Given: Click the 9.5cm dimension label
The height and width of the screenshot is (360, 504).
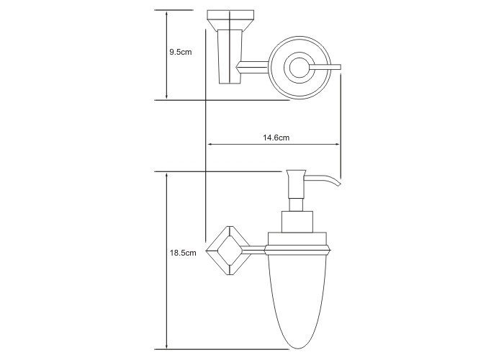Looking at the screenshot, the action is point(180,52).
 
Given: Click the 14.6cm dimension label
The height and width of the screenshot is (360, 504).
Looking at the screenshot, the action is point(276,138).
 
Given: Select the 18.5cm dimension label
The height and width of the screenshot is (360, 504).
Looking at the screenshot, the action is point(183,253).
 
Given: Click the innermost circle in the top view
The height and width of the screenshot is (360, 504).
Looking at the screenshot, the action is point(300,68).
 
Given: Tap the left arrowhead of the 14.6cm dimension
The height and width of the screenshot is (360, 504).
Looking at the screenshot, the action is point(210,144).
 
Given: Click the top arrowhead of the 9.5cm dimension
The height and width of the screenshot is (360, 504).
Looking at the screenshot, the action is point(166,14).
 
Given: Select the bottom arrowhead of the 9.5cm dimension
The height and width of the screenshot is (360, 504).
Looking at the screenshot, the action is point(166,96).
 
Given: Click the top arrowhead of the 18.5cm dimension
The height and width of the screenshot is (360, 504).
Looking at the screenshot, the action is point(166,176).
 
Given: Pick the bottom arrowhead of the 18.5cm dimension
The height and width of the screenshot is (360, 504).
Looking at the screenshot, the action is point(166,345).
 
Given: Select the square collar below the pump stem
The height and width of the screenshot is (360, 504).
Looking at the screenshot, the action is point(297,222).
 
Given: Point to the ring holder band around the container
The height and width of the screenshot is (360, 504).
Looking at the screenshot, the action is point(297,250).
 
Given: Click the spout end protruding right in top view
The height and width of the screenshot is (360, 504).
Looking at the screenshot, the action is point(325,67).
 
